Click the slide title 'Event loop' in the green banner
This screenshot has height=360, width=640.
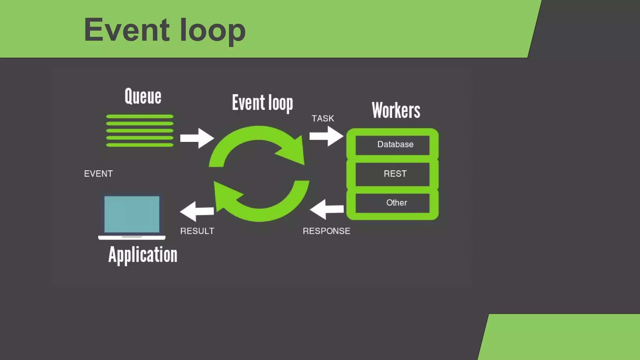tap(165, 30)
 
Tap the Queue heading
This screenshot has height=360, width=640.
tap(143, 96)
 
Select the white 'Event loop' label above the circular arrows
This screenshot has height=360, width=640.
tap(262, 102)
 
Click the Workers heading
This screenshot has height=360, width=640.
tap(396, 110)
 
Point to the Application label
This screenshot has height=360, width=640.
tap(143, 255)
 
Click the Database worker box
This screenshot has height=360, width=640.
tap(392, 144)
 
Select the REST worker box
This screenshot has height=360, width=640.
tap(392, 174)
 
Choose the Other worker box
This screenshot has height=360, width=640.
tap(392, 203)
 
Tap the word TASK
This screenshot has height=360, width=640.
tap(323, 118)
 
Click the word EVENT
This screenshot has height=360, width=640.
tap(98, 174)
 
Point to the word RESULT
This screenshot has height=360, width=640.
tap(197, 231)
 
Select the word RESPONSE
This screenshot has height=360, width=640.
tap(327, 231)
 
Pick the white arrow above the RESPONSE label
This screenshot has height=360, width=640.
tap(326, 209)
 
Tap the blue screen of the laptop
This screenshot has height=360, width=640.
tap(132, 214)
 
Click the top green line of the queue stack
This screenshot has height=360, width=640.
tap(140, 117)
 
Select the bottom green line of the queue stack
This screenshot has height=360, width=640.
tap(140, 145)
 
